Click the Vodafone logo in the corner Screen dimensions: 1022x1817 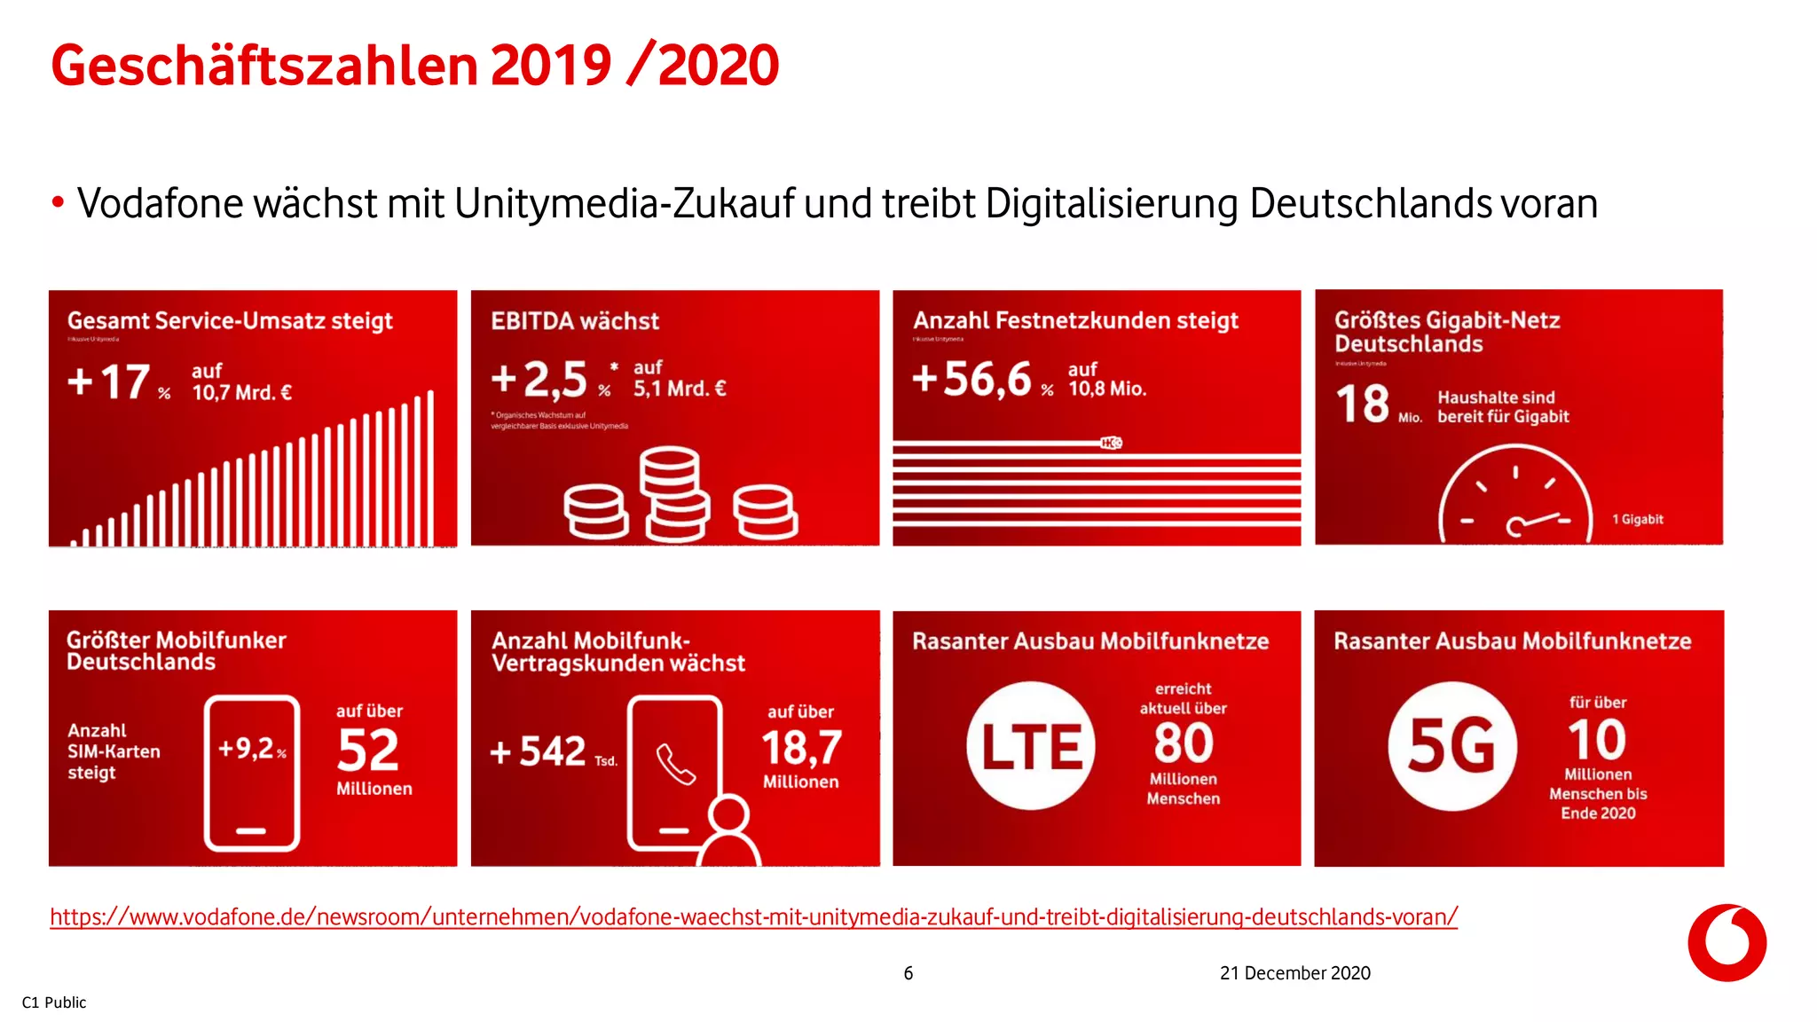[x=1727, y=942]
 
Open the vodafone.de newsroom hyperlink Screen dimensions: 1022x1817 [x=753, y=916]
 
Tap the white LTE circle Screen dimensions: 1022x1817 [x=1031, y=746]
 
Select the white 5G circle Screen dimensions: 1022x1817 [x=1452, y=746]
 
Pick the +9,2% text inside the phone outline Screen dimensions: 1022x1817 [x=252, y=749]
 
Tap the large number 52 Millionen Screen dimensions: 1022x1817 [x=367, y=751]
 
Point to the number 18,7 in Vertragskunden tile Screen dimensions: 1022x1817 [x=801, y=748]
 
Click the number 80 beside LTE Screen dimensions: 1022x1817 [x=1183, y=743]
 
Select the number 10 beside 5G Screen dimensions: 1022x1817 [x=1597, y=739]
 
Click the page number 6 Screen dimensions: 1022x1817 [x=908, y=973]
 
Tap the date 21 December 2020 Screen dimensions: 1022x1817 [x=1294, y=973]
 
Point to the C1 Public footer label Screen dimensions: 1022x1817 [x=54, y=1002]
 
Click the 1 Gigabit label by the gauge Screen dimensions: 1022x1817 [x=1637, y=520]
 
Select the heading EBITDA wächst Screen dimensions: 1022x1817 [x=575, y=321]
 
